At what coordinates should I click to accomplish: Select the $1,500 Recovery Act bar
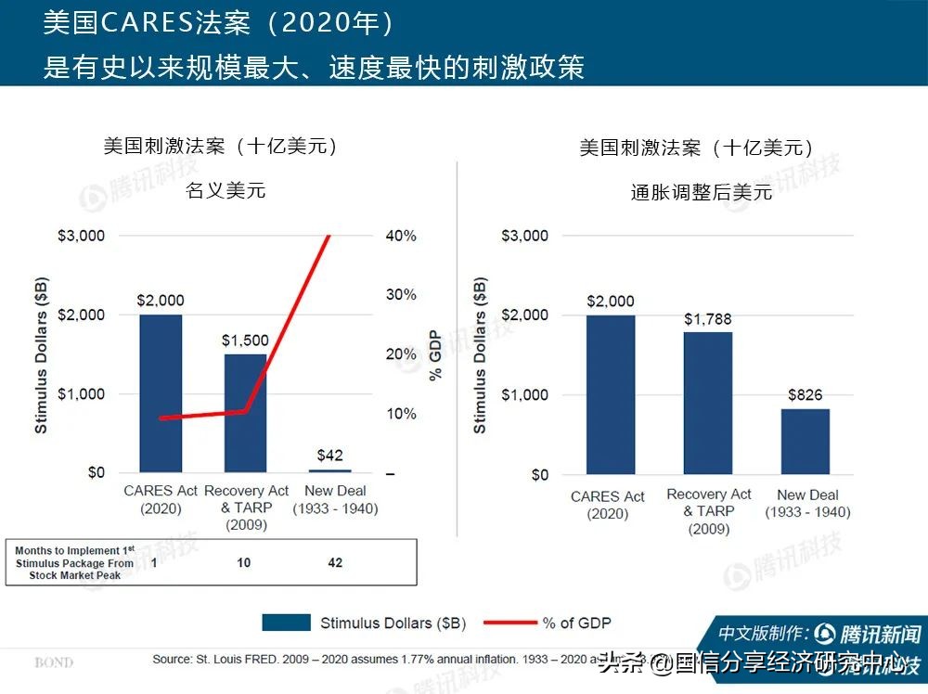point(245,413)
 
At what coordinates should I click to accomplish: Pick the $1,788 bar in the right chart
point(708,403)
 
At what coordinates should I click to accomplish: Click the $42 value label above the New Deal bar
point(329,455)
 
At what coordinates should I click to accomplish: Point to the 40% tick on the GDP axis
point(401,236)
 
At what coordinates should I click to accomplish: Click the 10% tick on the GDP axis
point(401,414)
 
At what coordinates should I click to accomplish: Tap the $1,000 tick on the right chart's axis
point(525,394)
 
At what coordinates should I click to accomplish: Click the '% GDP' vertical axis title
point(435,355)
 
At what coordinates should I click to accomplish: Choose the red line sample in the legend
point(508,623)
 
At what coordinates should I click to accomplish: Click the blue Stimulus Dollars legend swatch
point(286,623)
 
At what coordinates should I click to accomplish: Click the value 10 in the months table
point(244,562)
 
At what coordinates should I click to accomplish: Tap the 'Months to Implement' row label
point(74,562)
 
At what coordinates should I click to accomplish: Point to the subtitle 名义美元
point(226,191)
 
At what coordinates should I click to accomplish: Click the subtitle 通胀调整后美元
point(702,193)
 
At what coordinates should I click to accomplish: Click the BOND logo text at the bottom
point(54,662)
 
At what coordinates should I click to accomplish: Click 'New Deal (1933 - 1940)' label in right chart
point(807,504)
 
